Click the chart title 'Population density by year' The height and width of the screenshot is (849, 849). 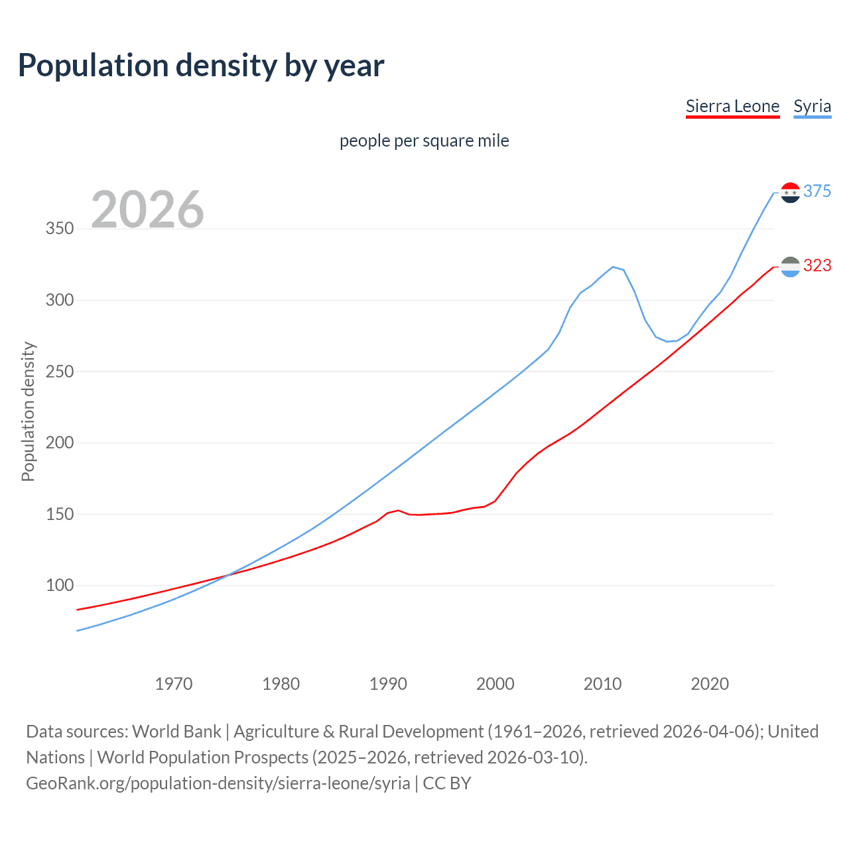click(201, 66)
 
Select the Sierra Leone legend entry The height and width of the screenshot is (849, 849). click(732, 106)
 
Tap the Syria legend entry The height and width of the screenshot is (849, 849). click(812, 106)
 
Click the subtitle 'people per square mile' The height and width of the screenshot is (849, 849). click(424, 141)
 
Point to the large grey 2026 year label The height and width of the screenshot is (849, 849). click(147, 210)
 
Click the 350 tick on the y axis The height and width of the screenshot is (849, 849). click(60, 229)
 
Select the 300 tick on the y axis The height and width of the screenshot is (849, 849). click(60, 300)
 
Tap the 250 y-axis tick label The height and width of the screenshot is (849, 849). click(60, 371)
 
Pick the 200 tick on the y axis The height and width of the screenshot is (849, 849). click(60, 442)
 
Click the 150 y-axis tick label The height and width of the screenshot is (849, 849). click(60, 514)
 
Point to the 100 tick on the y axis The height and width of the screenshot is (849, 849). click(60, 586)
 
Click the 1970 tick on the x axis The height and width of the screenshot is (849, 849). click(174, 684)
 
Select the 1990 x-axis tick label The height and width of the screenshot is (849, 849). click(388, 684)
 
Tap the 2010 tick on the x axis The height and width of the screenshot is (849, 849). click(602, 684)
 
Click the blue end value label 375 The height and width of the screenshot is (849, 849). click(817, 192)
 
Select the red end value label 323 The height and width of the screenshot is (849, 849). click(817, 266)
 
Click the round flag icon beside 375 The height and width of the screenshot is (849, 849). click(790, 192)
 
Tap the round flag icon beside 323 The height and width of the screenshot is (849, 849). click(790, 267)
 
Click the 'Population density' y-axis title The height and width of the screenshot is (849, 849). click(28, 411)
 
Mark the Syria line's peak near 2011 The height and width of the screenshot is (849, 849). click(613, 267)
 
